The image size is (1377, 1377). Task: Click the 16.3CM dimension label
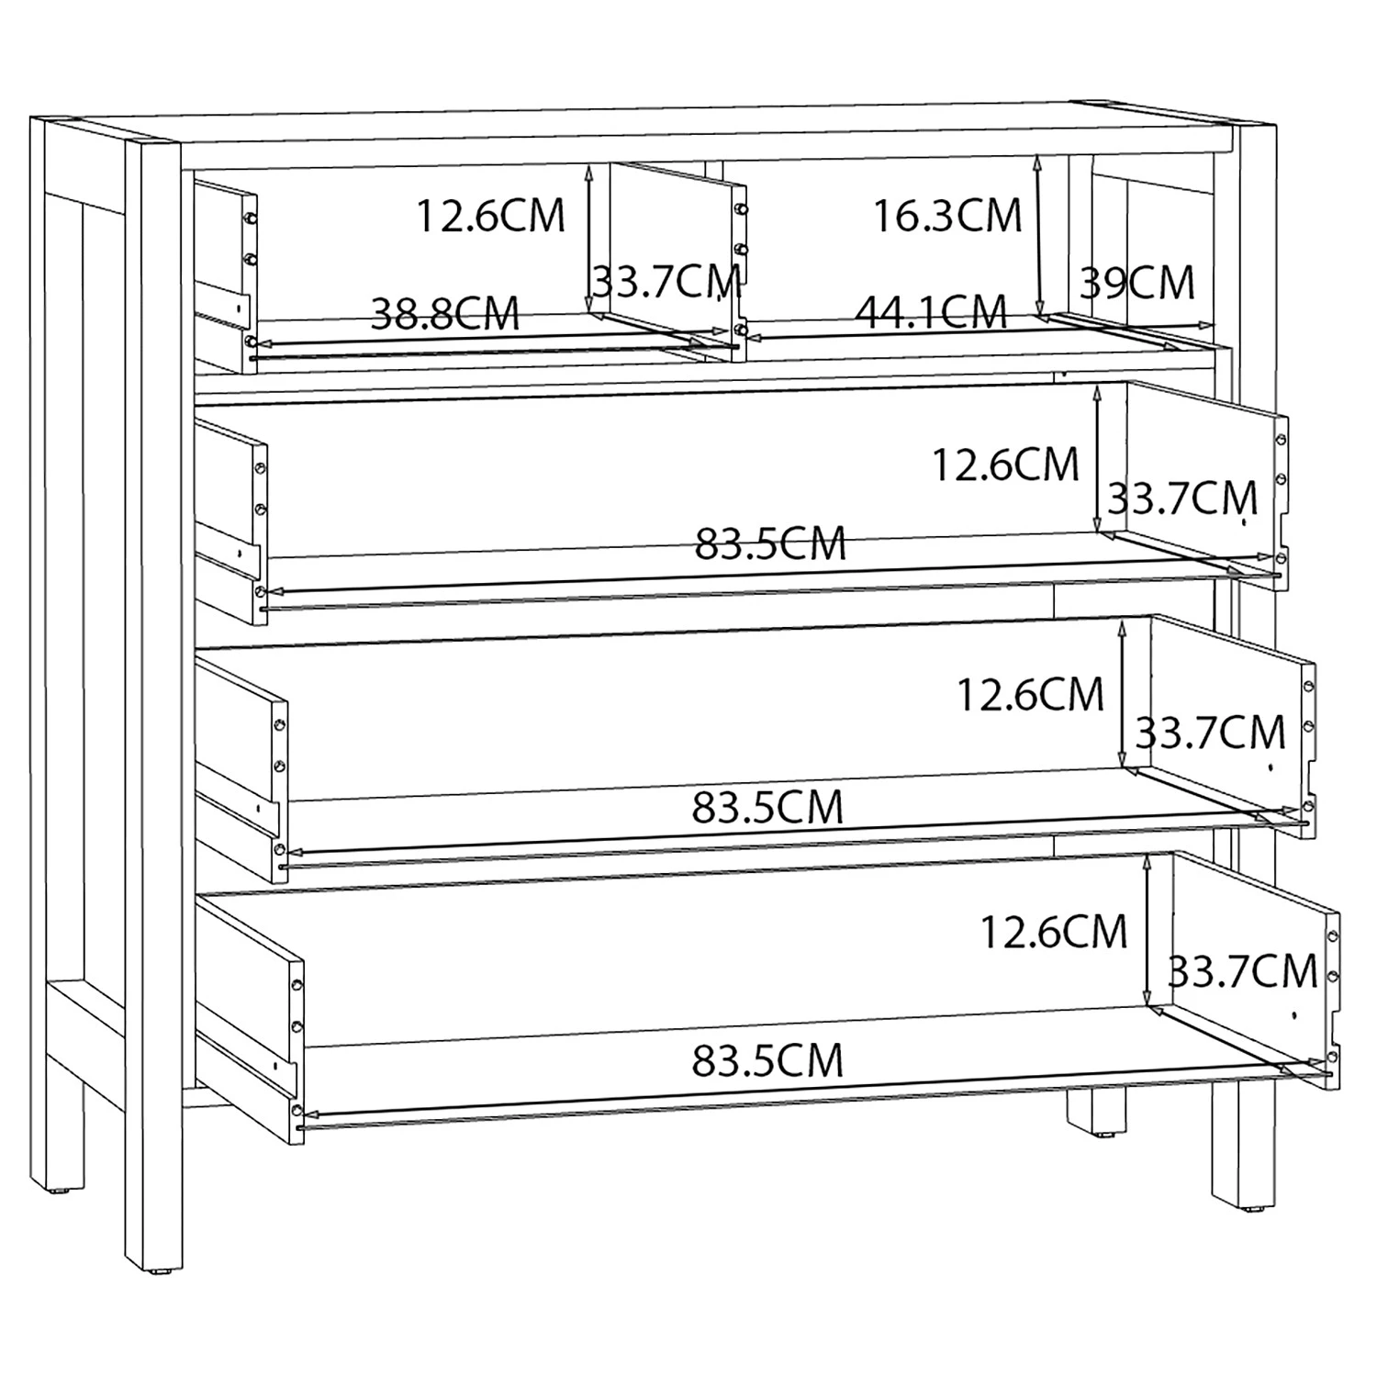[x=946, y=217]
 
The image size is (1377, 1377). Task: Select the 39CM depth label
[x=1137, y=284]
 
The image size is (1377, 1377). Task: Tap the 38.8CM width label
[x=445, y=314]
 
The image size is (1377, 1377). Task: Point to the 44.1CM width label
[x=931, y=313]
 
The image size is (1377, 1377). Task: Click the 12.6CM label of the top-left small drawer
[x=490, y=217]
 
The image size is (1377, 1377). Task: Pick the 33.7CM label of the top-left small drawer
[x=666, y=282]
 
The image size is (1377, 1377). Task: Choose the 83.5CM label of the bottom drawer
[x=767, y=1061]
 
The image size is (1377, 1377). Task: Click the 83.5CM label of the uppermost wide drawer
[x=769, y=544]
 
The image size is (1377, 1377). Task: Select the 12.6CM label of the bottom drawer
[x=1053, y=933]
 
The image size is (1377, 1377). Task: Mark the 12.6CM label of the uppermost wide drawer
[x=1005, y=465]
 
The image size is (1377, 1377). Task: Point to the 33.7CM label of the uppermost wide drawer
[x=1182, y=499]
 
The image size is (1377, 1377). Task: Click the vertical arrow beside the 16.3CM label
[x=1038, y=235]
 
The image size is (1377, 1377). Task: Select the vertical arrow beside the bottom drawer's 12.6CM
[x=1147, y=933]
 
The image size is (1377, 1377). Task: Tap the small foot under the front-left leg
[x=162, y=1272]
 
